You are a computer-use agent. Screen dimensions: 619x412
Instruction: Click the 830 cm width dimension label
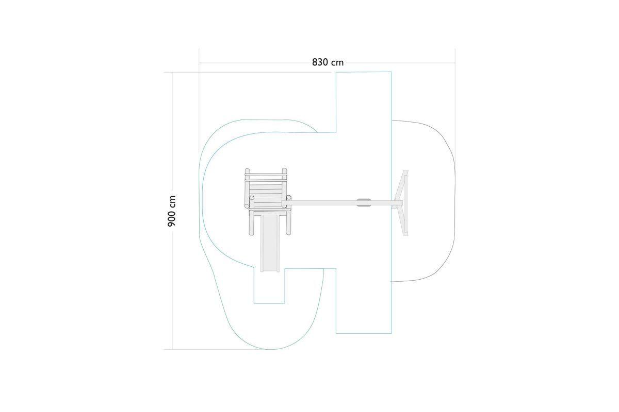328,63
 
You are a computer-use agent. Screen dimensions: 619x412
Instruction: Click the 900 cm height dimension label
172,211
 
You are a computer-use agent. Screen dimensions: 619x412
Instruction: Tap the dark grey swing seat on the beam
364,202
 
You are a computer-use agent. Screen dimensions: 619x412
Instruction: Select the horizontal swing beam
343,203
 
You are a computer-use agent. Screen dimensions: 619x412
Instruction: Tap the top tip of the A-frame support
406,170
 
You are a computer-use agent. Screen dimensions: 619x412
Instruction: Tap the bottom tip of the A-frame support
406,235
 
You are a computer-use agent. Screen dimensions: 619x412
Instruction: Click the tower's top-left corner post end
247,170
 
